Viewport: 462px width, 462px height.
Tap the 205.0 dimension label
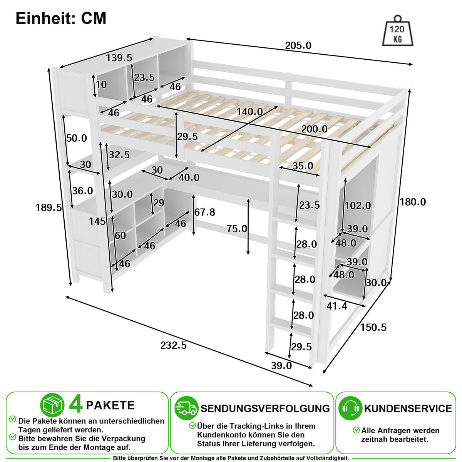298,45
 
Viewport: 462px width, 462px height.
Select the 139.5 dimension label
119,58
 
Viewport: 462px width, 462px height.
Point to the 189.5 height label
49,208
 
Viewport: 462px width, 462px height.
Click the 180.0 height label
413,202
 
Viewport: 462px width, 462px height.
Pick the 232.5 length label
174,345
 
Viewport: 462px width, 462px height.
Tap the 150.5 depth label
373,327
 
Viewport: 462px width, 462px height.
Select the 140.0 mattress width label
249,112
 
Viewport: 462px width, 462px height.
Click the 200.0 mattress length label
314,129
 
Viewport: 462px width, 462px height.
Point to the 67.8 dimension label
205,212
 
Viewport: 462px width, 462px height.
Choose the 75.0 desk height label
237,229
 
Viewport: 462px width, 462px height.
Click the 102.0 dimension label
358,206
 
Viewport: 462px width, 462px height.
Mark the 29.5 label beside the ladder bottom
301,347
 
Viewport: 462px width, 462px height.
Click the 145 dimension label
97,221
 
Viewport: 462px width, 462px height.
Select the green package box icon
52,405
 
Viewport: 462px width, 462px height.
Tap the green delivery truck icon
186,408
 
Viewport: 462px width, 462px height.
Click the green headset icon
350,408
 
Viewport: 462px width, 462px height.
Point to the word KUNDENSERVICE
408,408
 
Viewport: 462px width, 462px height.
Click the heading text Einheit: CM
61,18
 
